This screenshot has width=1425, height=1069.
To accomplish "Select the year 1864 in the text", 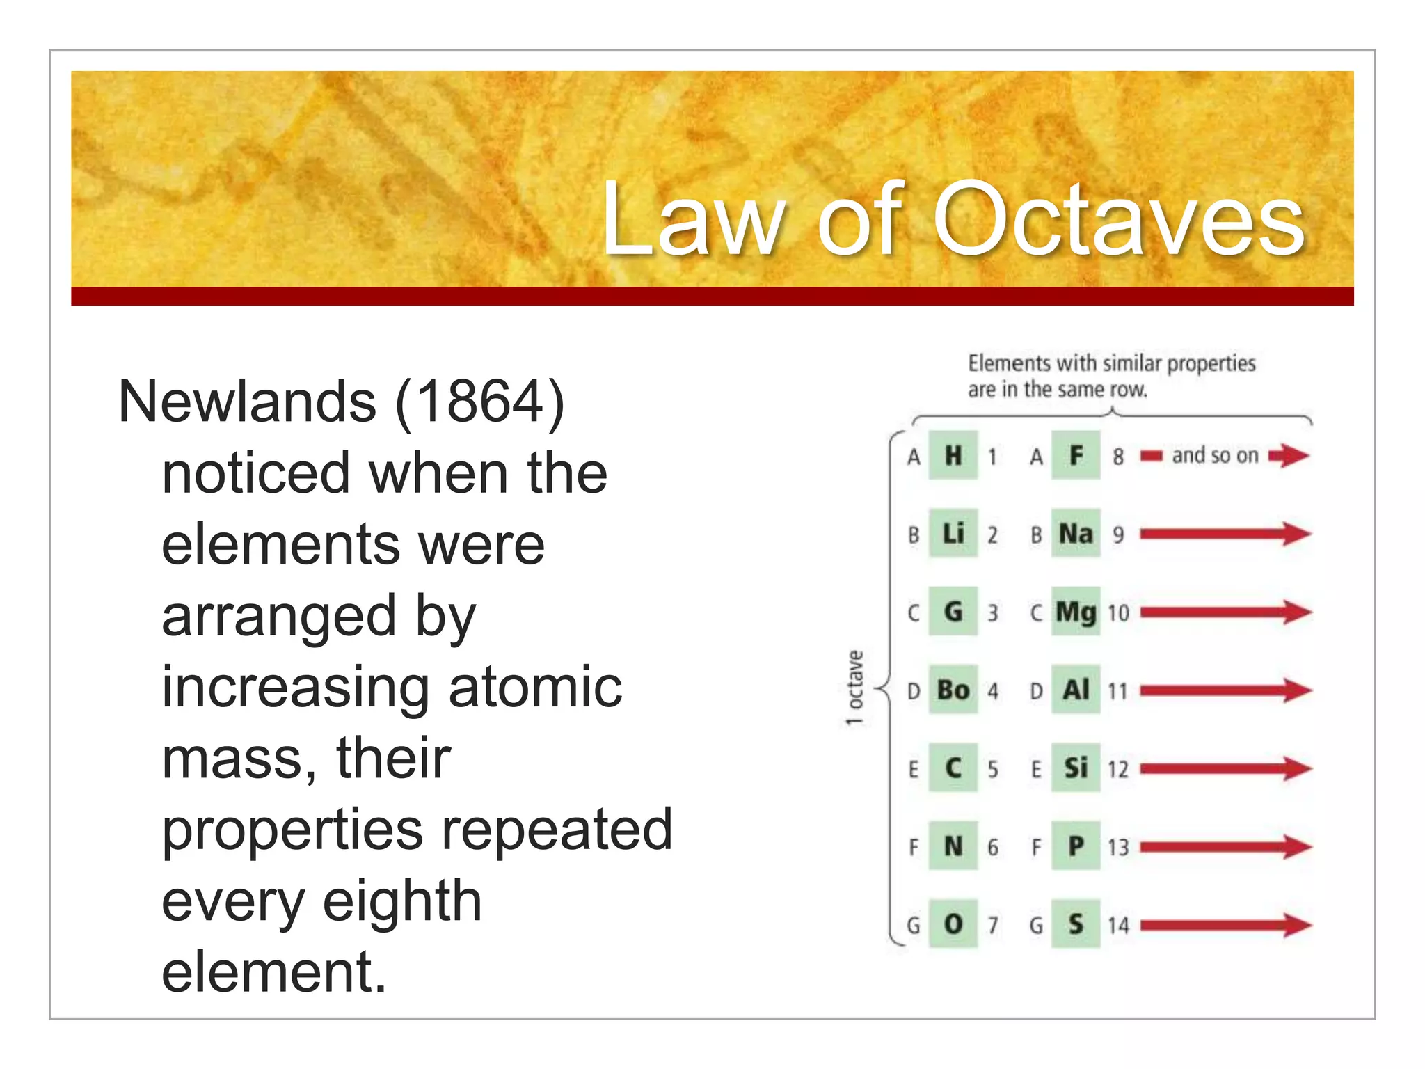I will click(479, 402).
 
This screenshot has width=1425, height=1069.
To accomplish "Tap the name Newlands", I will click(248, 402).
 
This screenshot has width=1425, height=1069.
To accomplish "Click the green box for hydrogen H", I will click(953, 456).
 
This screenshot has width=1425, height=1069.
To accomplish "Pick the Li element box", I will click(953, 534).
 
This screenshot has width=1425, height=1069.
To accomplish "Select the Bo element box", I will click(953, 690).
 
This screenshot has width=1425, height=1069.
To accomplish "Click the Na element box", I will click(1076, 534).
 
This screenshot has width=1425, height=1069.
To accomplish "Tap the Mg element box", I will click(1076, 612).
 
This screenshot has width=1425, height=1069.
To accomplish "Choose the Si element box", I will click(1076, 768).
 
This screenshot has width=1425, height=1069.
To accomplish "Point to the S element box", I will click(1076, 924).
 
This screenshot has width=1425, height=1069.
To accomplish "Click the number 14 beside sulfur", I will click(1118, 925).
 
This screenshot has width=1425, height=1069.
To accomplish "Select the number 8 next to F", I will click(1118, 457).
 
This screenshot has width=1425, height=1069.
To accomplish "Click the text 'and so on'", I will click(1215, 456).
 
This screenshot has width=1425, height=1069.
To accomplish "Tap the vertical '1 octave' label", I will click(855, 688).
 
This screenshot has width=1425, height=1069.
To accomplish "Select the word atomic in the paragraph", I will click(535, 687).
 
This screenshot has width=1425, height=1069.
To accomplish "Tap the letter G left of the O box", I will click(914, 926).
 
